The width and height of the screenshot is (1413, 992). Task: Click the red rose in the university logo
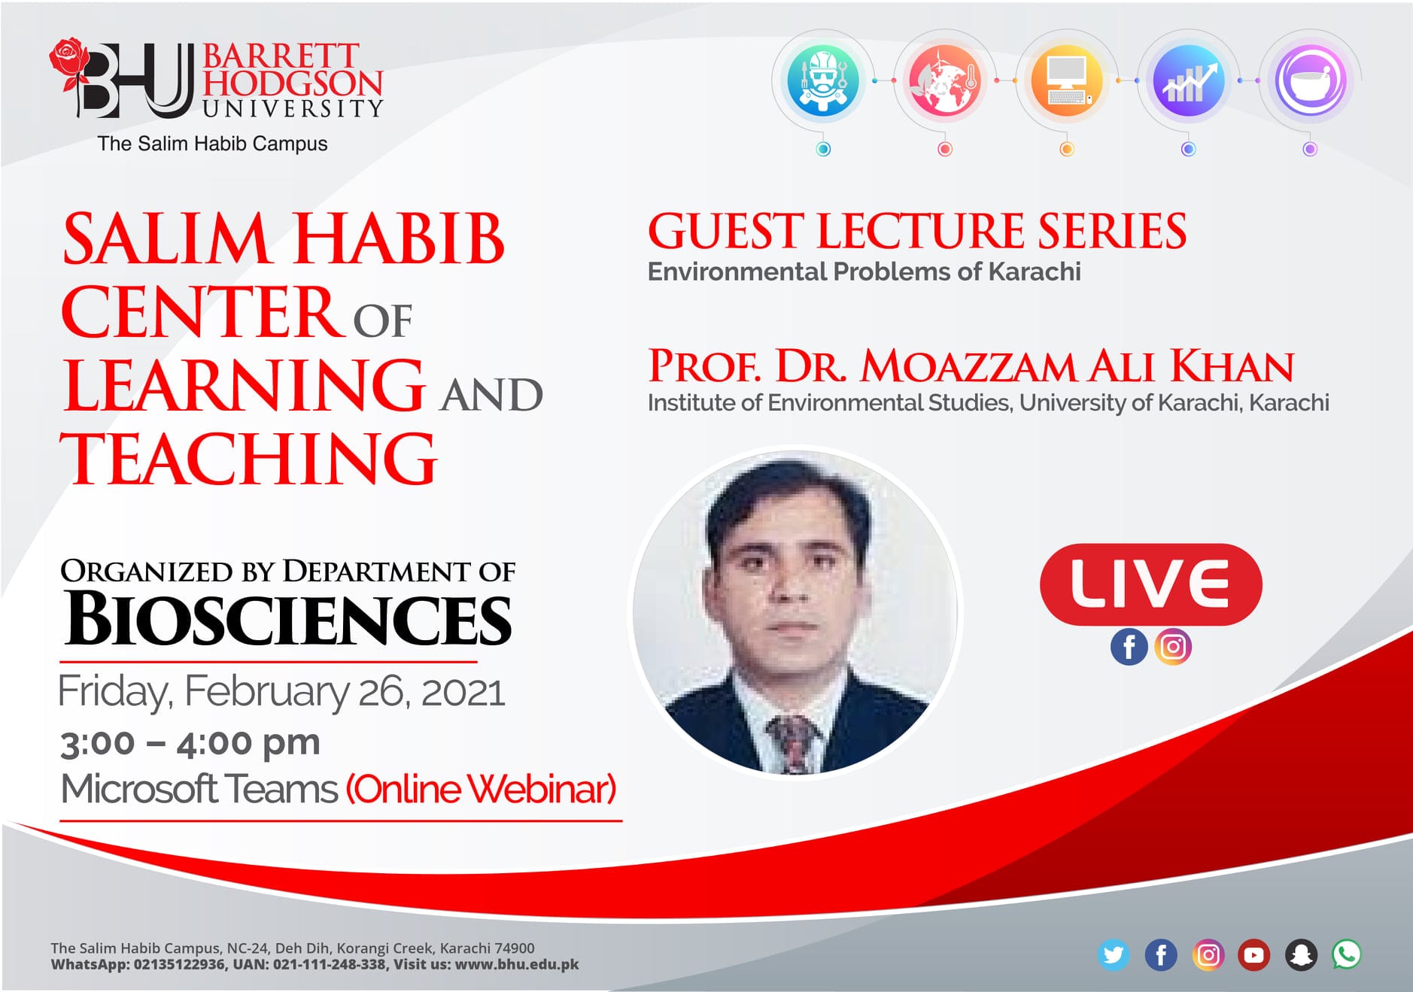point(70,64)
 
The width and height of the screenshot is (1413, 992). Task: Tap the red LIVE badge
point(1150,584)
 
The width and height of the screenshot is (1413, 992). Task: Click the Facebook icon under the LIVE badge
point(1129,647)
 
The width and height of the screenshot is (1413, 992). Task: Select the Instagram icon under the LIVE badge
point(1173,647)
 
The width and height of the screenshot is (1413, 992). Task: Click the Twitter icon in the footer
point(1113,955)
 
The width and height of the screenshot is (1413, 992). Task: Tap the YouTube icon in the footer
point(1253,955)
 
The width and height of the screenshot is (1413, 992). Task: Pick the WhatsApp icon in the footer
point(1347,955)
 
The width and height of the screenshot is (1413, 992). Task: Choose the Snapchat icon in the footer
point(1301,955)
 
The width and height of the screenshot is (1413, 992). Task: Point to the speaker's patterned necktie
point(792,743)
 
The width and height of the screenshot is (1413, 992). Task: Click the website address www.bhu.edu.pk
point(517,964)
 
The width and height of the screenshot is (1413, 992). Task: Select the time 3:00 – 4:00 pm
point(190,743)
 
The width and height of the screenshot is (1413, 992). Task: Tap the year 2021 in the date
point(463,692)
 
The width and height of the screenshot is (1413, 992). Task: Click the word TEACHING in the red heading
point(249,459)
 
